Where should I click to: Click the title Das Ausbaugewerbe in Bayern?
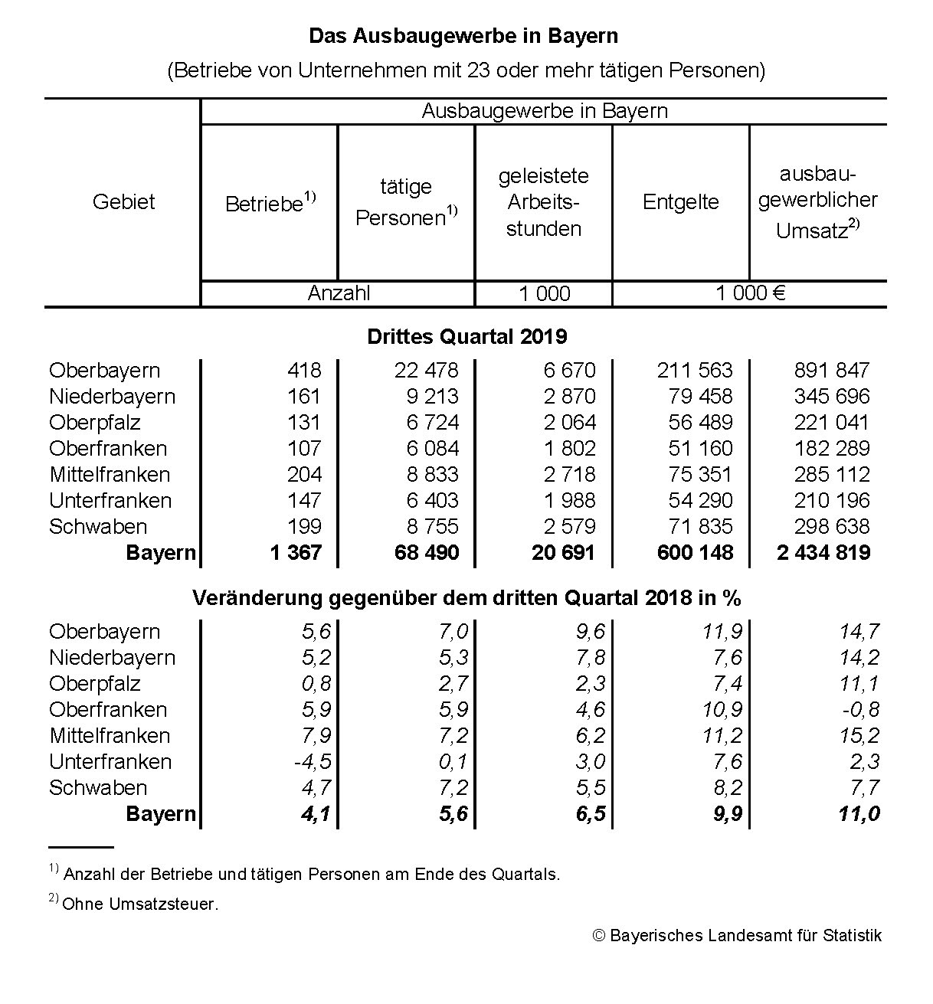tap(463, 36)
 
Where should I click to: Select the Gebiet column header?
tap(123, 202)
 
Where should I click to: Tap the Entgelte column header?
tap(680, 202)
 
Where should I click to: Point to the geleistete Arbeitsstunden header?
tap(543, 202)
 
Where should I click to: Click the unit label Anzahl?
tap(339, 293)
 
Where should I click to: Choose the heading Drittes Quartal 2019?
tap(466, 337)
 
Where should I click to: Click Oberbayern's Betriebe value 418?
tap(304, 371)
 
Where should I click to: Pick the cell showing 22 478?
tap(426, 371)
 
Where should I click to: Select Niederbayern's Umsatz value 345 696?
tap(832, 397)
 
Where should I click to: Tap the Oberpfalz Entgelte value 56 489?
tap(695, 423)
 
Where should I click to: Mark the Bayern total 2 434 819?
tap(823, 553)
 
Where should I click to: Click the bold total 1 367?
tap(296, 553)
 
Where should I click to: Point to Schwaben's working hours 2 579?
tap(569, 527)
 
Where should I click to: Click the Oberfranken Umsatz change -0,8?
tap(861, 710)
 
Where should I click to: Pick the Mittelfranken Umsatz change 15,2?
tap(860, 736)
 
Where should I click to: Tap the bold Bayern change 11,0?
tap(859, 814)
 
